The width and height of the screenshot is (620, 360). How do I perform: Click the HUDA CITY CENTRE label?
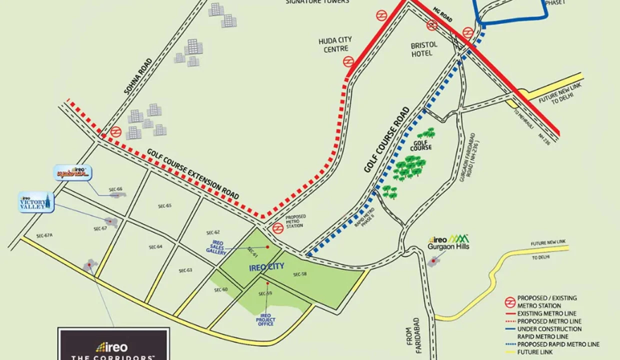[335, 44]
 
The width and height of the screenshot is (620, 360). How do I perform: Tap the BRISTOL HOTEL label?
[424, 48]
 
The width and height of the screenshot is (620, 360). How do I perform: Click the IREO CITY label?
[266, 267]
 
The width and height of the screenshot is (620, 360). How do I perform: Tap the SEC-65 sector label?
[165, 206]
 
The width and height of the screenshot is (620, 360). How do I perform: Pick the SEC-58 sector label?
[299, 274]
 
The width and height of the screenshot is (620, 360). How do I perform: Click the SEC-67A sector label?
[44, 235]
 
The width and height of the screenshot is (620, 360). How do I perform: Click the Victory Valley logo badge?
[35, 202]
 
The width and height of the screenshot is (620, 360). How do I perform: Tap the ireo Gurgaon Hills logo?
[448, 242]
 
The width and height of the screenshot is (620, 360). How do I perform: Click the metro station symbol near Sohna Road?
[116, 132]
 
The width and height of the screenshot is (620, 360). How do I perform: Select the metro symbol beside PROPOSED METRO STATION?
[278, 228]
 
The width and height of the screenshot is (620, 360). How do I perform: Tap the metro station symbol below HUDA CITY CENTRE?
[348, 62]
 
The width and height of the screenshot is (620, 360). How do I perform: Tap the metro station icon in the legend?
[510, 301]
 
